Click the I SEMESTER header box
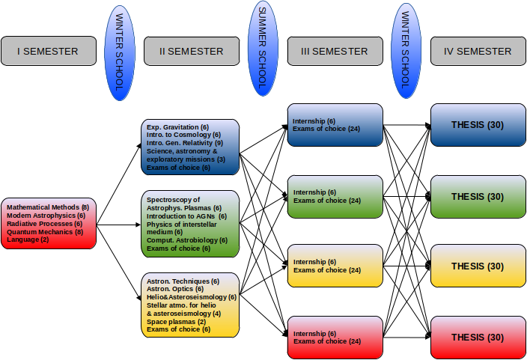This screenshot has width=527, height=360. [x=49, y=51]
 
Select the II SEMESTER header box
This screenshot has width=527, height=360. [x=192, y=51]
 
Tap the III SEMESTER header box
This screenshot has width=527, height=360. [x=335, y=51]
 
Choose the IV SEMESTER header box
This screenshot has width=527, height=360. [x=478, y=51]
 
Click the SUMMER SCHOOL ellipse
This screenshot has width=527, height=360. [x=263, y=48]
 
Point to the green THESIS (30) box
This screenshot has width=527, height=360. [x=478, y=197]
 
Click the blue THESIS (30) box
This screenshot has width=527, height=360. [x=478, y=125]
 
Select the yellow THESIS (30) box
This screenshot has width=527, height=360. [x=478, y=266]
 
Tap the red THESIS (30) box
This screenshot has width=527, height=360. [x=478, y=338]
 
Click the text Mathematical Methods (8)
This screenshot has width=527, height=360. [x=48, y=207]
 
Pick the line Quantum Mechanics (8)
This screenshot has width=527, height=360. [x=45, y=232]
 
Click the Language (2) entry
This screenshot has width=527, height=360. [x=28, y=240]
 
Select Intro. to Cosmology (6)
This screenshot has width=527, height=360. [x=183, y=135]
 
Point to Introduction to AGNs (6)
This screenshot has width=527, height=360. [x=186, y=216]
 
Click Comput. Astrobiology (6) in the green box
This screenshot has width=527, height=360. [x=187, y=240]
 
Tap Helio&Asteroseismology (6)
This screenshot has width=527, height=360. [x=192, y=297]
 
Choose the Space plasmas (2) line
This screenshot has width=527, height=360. [x=176, y=322]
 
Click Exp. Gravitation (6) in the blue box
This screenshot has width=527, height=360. [x=177, y=127]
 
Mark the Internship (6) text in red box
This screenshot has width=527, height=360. [x=314, y=334]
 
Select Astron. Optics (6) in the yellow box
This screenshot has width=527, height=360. [x=175, y=289]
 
